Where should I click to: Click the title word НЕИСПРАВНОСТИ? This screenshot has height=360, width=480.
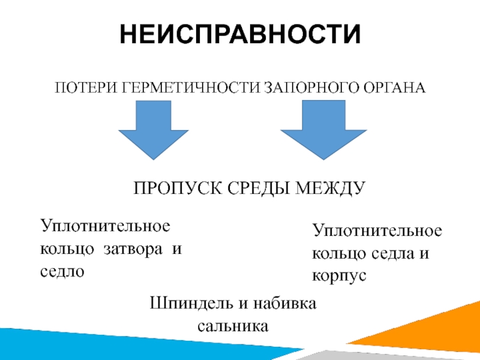[240, 34]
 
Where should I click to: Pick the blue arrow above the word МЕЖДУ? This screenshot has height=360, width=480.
[324, 128]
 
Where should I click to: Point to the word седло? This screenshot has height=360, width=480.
[63, 271]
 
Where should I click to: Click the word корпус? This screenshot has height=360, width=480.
[340, 275]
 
